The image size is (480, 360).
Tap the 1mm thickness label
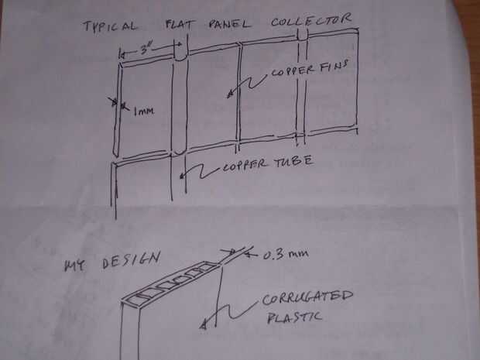pyautogui.click(x=142, y=111)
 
